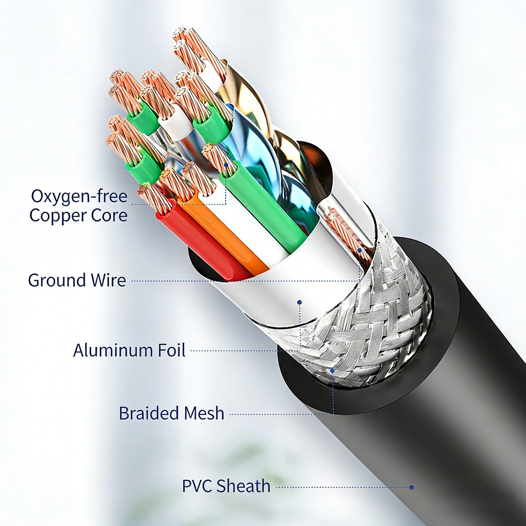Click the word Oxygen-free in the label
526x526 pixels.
coord(79,197)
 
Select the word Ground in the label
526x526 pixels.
coord(56,280)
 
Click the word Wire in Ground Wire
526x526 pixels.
coord(108,280)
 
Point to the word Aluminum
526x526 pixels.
coord(113,350)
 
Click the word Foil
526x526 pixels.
coord(172,350)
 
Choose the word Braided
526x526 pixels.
coord(149,413)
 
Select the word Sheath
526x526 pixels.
coord(243,486)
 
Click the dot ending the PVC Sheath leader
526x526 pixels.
coord(411,487)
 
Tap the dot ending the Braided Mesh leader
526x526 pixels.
coord(332,371)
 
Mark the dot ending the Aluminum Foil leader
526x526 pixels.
coord(299,302)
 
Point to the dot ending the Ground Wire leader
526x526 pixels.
coord(360,251)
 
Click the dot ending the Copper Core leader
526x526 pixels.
coord(226,165)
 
